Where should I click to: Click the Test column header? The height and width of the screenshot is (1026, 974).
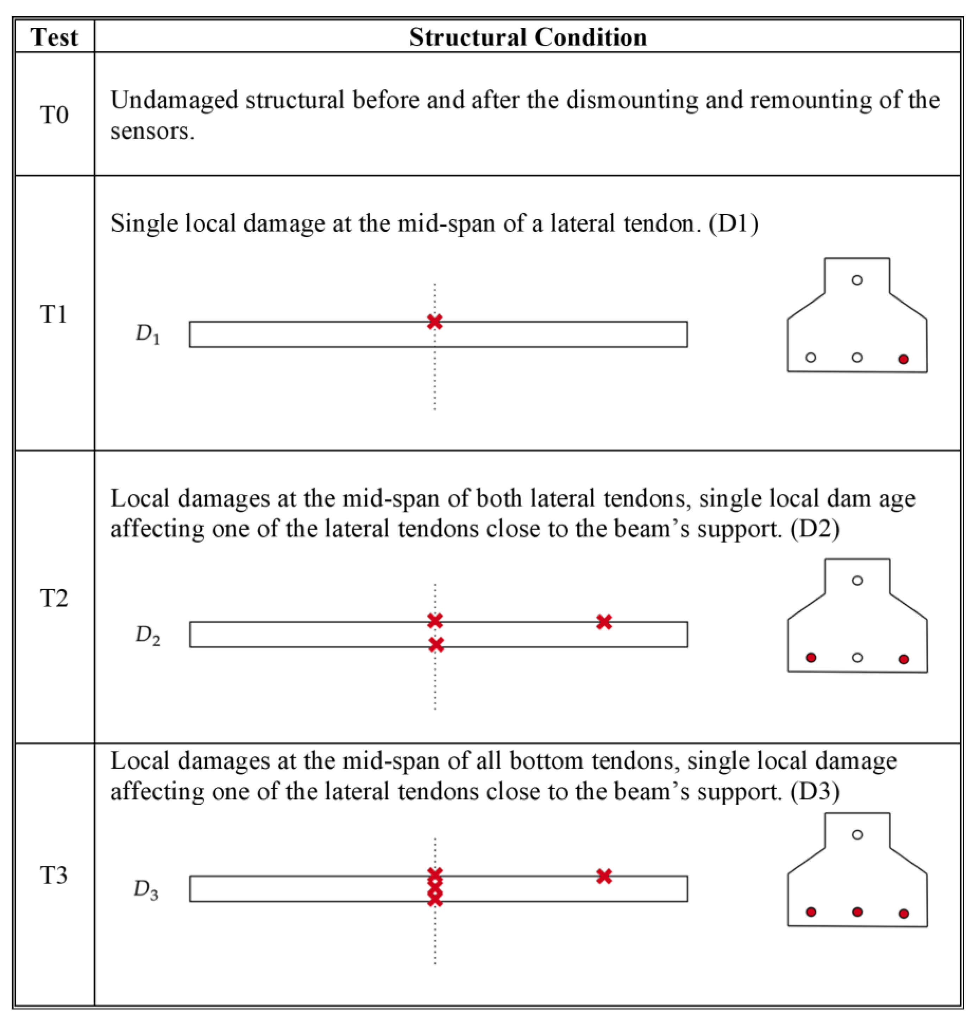pyautogui.click(x=54, y=37)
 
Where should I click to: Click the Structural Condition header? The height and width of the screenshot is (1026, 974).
pyautogui.click(x=528, y=37)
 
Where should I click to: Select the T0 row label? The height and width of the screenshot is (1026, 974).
pyautogui.click(x=54, y=115)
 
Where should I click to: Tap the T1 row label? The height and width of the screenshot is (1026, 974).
pyautogui.click(x=54, y=314)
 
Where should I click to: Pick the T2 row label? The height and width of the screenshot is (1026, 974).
pyautogui.click(x=54, y=598)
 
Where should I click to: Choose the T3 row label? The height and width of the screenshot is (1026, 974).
pyautogui.click(x=54, y=875)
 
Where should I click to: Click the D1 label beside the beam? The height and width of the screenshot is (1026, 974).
pyautogui.click(x=147, y=334)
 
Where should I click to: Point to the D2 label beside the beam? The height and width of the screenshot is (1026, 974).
pyautogui.click(x=147, y=635)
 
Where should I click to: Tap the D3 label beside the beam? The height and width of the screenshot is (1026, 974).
pyautogui.click(x=146, y=889)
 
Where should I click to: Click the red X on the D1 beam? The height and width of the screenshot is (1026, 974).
pyautogui.click(x=435, y=321)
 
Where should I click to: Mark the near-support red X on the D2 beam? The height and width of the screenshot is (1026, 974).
pyautogui.click(x=604, y=622)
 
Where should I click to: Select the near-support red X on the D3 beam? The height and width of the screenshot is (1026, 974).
pyautogui.click(x=604, y=876)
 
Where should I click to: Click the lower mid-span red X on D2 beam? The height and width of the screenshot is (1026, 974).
pyautogui.click(x=436, y=645)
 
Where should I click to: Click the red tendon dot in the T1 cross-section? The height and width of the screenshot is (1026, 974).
pyautogui.click(x=903, y=359)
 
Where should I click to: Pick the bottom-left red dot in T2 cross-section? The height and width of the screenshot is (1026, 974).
pyautogui.click(x=811, y=658)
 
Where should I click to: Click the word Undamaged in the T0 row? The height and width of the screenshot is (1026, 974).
pyautogui.click(x=174, y=100)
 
